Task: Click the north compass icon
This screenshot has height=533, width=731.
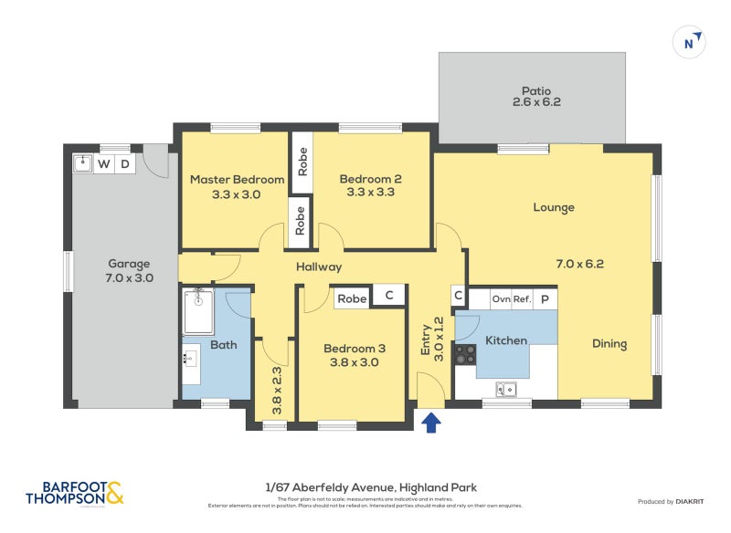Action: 691,41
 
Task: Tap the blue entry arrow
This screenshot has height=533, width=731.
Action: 431,421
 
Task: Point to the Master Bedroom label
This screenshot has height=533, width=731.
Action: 237,186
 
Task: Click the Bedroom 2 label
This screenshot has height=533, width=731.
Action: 370,185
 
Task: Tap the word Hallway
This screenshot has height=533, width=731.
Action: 318,266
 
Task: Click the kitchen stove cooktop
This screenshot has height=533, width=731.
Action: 465,354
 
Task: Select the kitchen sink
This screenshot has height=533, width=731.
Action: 505,390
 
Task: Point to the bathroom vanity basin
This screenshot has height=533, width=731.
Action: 191,366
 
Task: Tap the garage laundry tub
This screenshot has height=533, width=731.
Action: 82,164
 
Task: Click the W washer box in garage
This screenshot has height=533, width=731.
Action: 104,164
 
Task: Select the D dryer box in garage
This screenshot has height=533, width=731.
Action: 126,164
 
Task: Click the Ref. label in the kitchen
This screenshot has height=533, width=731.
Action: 522,298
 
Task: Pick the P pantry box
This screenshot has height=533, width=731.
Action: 545,298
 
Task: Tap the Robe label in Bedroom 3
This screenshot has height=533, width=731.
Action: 352,298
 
